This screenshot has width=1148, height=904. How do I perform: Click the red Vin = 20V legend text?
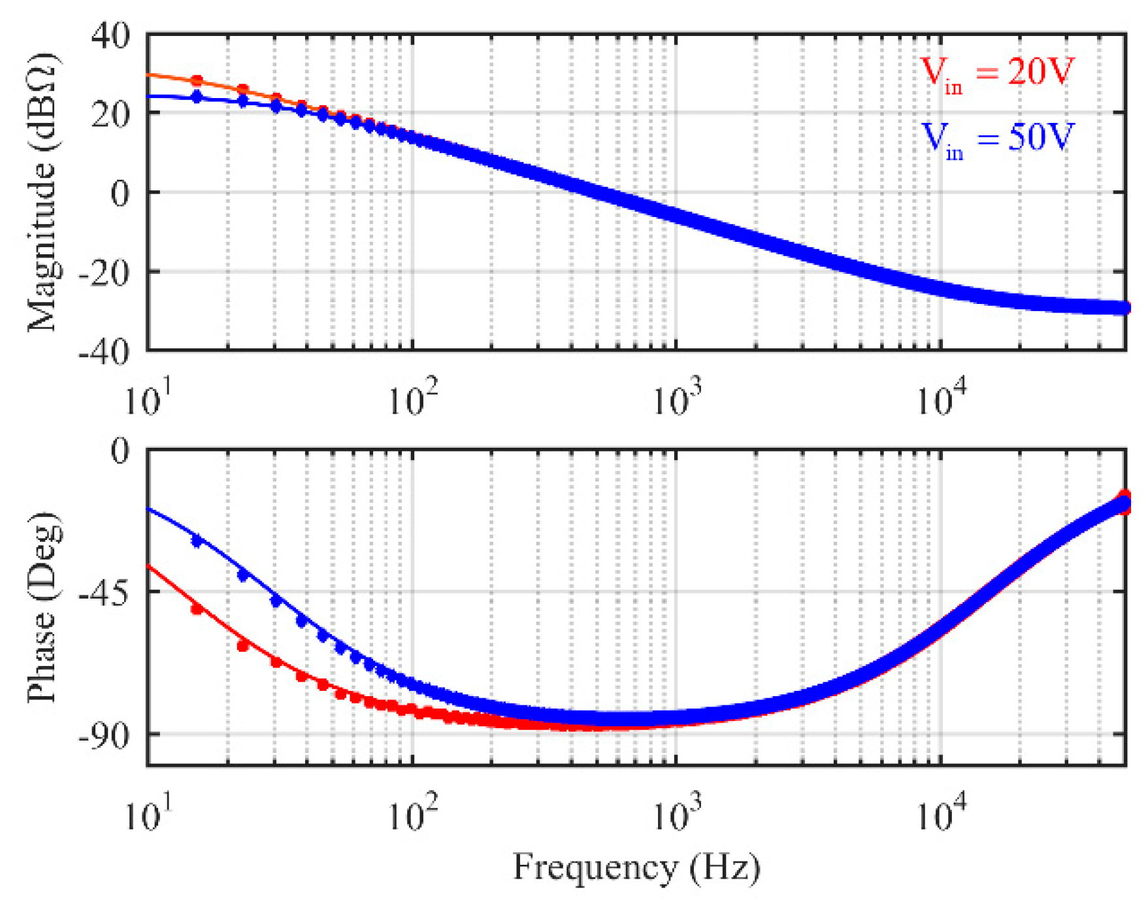[996, 73]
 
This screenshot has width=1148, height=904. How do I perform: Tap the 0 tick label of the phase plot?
[120, 450]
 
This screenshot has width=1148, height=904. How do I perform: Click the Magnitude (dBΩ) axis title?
[43, 193]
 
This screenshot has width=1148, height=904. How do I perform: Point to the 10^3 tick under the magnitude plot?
[677, 399]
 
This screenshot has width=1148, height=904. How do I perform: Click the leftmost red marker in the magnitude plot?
[197, 81]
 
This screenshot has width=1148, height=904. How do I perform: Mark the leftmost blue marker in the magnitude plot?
[197, 97]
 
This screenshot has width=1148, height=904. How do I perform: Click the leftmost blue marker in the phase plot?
[197, 541]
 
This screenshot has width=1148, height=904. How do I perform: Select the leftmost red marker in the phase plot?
[197, 609]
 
